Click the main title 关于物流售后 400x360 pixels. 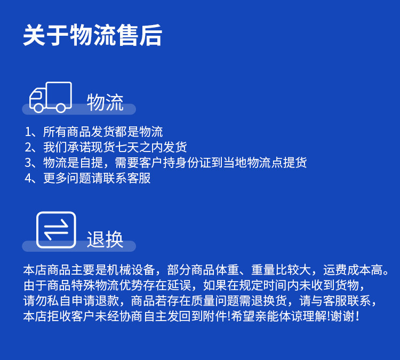[x=93, y=35]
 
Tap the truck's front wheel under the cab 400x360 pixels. [x=38, y=108]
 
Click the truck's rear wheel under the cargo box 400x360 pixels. [x=61, y=108]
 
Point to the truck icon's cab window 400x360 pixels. [x=36, y=96]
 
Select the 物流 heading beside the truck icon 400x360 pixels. [x=105, y=102]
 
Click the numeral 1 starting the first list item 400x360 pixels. [x=28, y=132]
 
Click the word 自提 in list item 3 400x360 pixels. [x=91, y=163]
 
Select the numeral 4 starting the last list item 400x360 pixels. [x=28, y=178]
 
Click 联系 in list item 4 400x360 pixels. [x=115, y=178]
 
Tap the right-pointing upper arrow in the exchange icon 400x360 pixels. [x=56, y=224]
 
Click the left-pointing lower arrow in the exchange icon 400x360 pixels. [x=56, y=235]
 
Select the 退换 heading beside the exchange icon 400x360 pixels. [x=105, y=239]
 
